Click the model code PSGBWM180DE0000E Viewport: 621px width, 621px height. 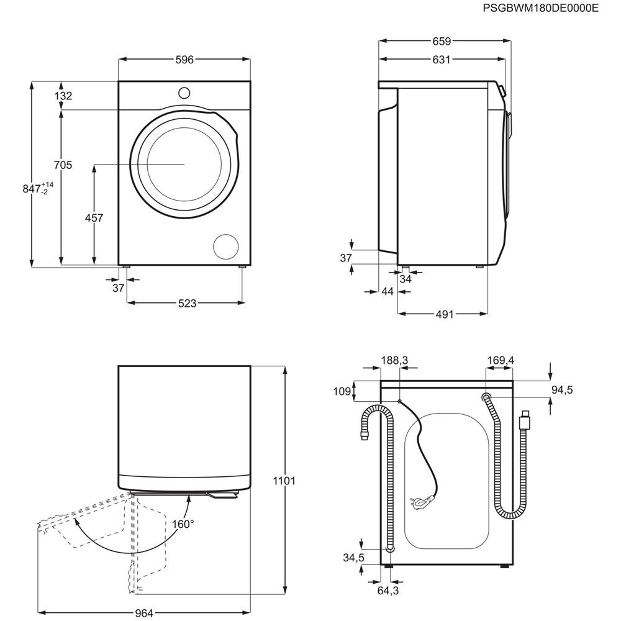pyautogui.click(x=540, y=9)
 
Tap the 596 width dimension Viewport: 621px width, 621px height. pyautogui.click(x=184, y=60)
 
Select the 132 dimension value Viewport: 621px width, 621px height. pyautogui.click(x=63, y=96)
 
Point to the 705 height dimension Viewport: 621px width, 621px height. pyautogui.click(x=63, y=165)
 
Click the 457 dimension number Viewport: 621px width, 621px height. pyautogui.click(x=94, y=218)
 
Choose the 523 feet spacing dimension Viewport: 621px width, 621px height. pyautogui.click(x=187, y=303)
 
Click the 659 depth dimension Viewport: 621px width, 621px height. pyautogui.click(x=442, y=42)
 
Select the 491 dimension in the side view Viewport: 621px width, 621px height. pyautogui.click(x=443, y=314)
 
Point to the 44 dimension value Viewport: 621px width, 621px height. pyautogui.click(x=388, y=291)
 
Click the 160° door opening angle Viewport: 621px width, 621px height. pyautogui.click(x=183, y=524)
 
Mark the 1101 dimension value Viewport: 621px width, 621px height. pyautogui.click(x=284, y=481)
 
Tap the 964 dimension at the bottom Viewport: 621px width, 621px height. pyautogui.click(x=143, y=613)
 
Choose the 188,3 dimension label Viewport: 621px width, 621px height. pyautogui.click(x=394, y=360)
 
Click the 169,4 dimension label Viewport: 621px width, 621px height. pyautogui.click(x=501, y=360)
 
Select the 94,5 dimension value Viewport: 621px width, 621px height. pyautogui.click(x=562, y=390)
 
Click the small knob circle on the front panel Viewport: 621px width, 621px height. pyautogui.click(x=184, y=93)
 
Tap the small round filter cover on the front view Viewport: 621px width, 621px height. pyautogui.click(x=225, y=247)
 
